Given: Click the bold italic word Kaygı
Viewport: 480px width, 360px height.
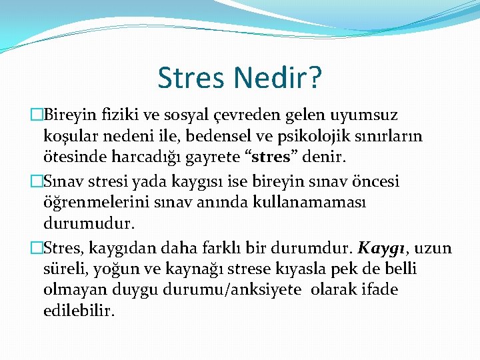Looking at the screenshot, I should coord(383,249).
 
